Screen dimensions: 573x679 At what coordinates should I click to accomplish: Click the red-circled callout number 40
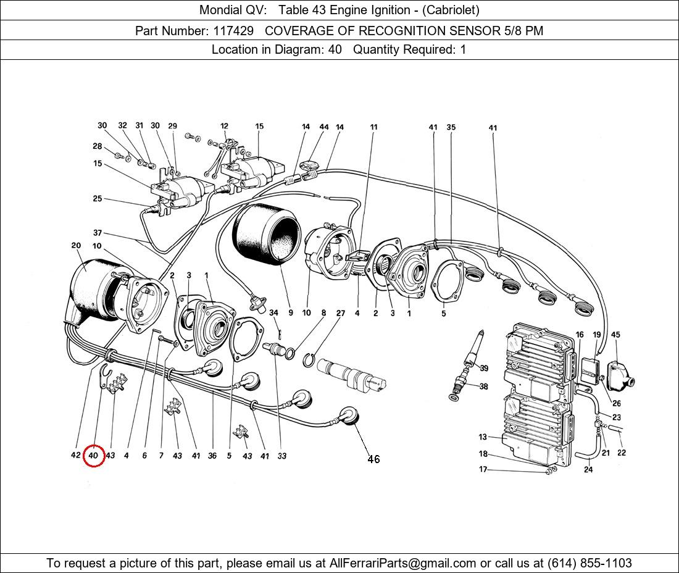[x=94, y=456]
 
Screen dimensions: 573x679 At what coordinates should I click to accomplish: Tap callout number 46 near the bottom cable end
[x=373, y=459]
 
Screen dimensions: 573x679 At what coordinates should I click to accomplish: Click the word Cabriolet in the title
[x=449, y=10]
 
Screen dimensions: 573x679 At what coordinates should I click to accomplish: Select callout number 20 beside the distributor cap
[x=76, y=246]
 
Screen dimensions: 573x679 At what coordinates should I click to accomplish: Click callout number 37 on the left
[x=98, y=233]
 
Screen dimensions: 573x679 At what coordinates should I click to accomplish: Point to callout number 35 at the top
[x=451, y=128]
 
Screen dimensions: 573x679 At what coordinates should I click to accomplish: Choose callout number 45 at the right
[x=615, y=335]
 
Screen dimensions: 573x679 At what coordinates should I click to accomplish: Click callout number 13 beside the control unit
[x=483, y=437]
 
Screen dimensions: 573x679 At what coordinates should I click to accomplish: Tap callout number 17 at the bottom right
[x=483, y=469]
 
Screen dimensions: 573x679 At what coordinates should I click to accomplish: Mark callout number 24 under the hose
[x=588, y=469]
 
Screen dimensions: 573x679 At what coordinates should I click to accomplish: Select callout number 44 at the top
[x=324, y=127]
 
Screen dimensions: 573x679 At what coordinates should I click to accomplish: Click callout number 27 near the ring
[x=340, y=313]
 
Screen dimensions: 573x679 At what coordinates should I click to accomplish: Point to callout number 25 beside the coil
[x=98, y=199]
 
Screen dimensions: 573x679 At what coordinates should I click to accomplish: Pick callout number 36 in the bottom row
[x=212, y=456]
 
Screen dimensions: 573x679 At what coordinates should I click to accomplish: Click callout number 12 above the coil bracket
[x=224, y=127]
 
